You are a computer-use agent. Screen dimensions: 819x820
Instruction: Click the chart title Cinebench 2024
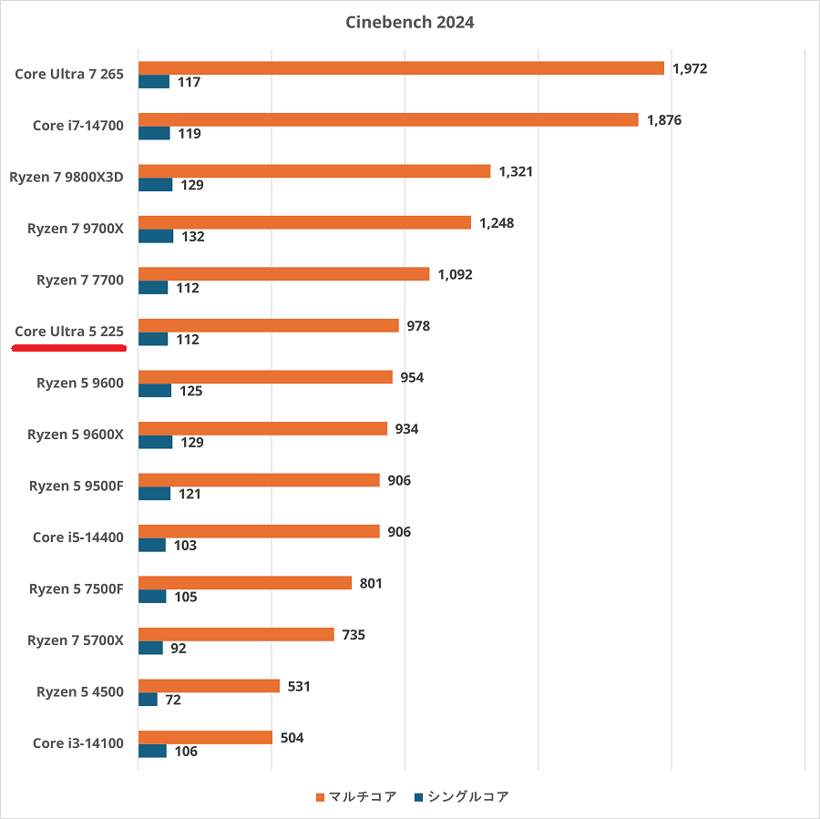pos(410,23)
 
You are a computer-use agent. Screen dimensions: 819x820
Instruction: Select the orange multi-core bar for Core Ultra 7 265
pos(401,68)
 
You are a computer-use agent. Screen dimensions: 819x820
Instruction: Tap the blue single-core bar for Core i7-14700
pos(154,133)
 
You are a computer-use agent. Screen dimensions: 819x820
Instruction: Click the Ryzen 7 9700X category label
pos(76,229)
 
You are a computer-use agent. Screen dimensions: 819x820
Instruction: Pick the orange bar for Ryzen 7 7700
pos(283,274)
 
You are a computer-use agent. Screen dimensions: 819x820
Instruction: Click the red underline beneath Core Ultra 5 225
pos(69,347)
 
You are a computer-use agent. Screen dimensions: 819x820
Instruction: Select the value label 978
pos(418,326)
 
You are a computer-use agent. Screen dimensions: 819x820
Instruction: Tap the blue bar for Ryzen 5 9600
pos(155,391)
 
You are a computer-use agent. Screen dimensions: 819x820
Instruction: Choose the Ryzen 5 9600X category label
pos(76,435)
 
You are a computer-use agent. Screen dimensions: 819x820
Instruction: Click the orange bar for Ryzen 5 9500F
pos(259,480)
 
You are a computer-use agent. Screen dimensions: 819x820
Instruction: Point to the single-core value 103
pos(186,546)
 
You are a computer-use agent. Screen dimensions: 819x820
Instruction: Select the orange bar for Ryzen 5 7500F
pos(245,583)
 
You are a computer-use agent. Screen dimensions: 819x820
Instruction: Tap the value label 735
pos(354,635)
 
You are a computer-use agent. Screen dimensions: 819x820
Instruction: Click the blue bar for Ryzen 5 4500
pos(148,700)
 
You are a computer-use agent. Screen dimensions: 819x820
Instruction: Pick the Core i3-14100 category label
pos(78,743)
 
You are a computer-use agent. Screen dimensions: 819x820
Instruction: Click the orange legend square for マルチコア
pos(320,798)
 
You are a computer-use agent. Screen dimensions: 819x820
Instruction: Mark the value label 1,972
pos(690,68)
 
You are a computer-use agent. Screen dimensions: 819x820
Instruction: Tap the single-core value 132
pos(192,237)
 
